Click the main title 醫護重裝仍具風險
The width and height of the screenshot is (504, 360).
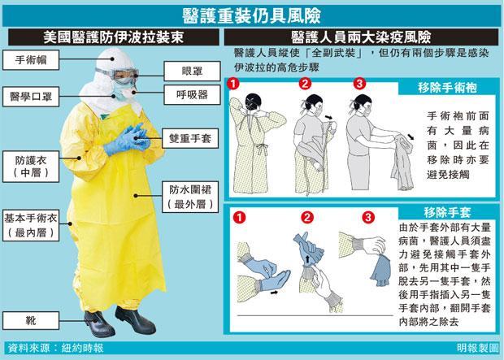252,15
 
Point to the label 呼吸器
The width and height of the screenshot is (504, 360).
187,94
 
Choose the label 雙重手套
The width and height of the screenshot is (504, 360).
188,137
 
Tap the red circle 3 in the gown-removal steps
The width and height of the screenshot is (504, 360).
358,84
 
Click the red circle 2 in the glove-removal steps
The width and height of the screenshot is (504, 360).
306,217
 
